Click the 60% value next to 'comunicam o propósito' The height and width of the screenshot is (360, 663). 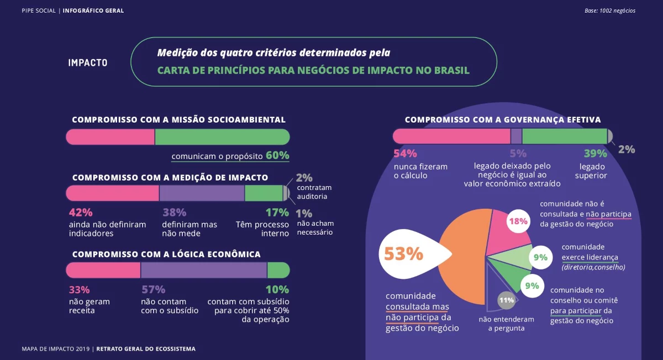coord(277,156)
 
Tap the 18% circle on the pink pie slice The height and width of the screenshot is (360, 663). coord(518,221)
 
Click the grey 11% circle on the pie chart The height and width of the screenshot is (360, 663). coord(506,300)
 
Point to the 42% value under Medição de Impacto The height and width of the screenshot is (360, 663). coord(81,213)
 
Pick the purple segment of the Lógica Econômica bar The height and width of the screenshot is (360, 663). coord(204,270)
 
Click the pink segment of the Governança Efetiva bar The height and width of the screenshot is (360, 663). coord(451,136)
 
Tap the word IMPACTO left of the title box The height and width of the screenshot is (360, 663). coord(88,63)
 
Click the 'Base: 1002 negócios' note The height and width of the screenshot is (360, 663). coord(609,10)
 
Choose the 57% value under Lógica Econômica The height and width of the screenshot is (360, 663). coord(154,290)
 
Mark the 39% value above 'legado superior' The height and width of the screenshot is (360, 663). coord(595,154)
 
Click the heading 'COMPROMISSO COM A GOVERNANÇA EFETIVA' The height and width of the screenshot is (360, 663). coord(503,120)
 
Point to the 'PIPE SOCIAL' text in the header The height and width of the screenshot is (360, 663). coord(39,10)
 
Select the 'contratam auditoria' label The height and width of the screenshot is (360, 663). coord(312,192)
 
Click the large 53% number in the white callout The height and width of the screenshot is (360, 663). coord(403,254)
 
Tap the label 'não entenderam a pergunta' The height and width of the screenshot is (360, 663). coord(506,324)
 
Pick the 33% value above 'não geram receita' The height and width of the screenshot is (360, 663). coord(80,290)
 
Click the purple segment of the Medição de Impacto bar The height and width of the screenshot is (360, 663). coord(202,193)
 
